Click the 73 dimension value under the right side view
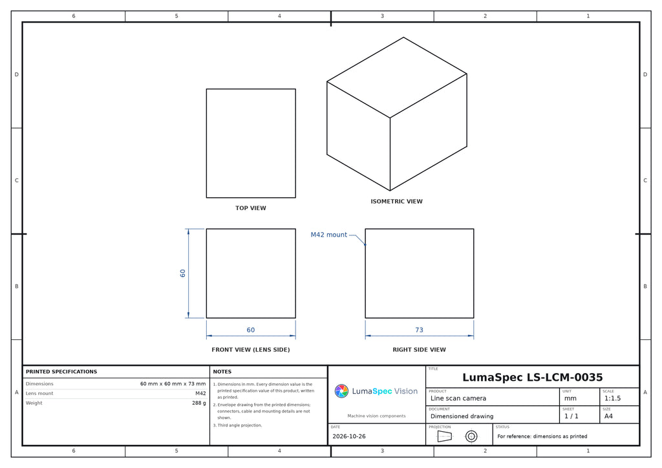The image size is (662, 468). (x=419, y=330)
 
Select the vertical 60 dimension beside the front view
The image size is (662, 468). (x=182, y=273)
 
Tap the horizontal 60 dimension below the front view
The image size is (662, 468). (x=251, y=330)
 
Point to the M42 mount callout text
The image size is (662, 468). (x=329, y=235)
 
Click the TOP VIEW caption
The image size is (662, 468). (x=251, y=208)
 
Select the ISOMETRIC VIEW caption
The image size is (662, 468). (x=396, y=201)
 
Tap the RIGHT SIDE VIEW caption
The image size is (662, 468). (x=419, y=350)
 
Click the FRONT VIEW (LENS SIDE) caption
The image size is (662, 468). (x=251, y=350)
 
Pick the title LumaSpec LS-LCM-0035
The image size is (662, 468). (x=533, y=378)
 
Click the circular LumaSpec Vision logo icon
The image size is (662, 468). (x=341, y=391)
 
